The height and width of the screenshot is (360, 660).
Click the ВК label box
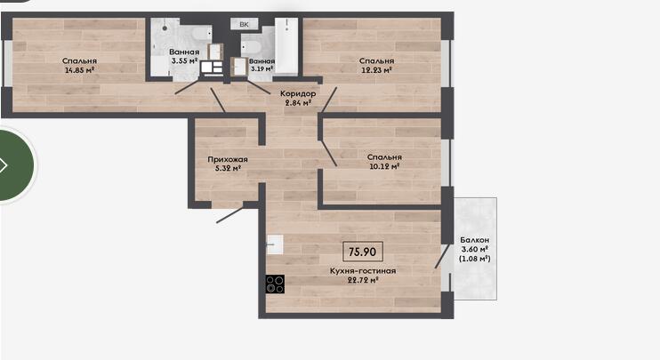click(244, 24)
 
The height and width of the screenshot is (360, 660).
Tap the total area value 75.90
click(362, 252)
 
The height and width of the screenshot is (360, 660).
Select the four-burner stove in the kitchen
click(275, 284)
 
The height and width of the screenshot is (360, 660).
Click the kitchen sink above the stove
click(275, 244)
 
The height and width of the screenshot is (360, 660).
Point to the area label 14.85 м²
click(79, 70)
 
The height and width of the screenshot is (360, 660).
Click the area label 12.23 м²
click(377, 70)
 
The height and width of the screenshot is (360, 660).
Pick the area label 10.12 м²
click(384, 166)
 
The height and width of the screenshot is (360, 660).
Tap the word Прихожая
click(228, 159)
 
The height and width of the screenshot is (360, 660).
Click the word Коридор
click(298, 93)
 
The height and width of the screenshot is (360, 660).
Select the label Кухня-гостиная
click(363, 271)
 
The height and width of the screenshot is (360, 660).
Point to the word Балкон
click(475, 240)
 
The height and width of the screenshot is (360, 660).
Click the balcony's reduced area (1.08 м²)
click(475, 259)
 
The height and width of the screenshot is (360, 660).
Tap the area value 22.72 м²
click(363, 280)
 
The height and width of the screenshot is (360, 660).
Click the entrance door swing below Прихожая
click(229, 214)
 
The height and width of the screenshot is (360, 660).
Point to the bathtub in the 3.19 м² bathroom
click(286, 45)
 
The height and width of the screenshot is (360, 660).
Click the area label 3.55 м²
click(184, 61)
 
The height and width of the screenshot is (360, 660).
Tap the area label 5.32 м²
click(228, 169)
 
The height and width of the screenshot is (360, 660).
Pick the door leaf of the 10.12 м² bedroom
click(328, 152)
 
